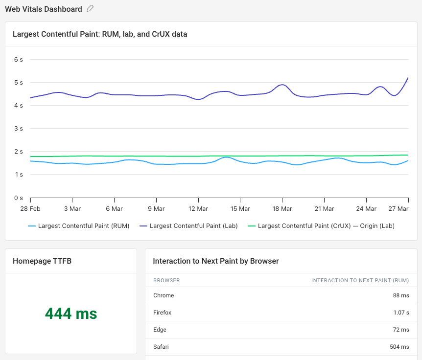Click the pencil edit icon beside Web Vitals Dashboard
click(x=90, y=9)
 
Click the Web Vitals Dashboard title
click(x=44, y=9)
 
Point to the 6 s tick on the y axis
click(x=19, y=59)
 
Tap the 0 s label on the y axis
click(x=19, y=198)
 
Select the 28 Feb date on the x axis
click(x=30, y=209)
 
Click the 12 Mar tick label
click(x=198, y=209)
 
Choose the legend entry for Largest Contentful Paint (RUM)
click(x=83, y=226)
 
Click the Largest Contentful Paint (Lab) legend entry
click(x=193, y=226)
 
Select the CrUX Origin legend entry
click(x=326, y=226)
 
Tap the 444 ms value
click(x=71, y=314)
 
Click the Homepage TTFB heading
click(x=42, y=261)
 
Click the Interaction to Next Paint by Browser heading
click(x=216, y=261)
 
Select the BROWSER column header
click(x=166, y=280)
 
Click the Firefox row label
click(x=162, y=313)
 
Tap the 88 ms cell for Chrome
click(x=401, y=295)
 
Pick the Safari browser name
click(x=161, y=347)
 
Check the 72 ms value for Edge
click(x=401, y=330)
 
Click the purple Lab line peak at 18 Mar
click(x=282, y=85)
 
